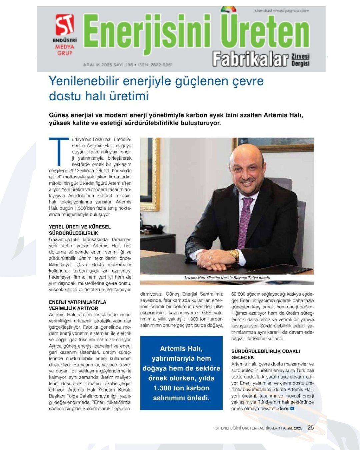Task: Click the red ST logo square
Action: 64,25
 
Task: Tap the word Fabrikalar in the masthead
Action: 250,59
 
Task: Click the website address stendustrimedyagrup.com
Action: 282,11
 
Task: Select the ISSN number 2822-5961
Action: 161,65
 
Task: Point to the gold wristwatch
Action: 234,255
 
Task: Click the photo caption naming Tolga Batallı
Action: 227,277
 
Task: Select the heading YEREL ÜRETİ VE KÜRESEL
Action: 80,227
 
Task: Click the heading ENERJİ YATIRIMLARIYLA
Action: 77,302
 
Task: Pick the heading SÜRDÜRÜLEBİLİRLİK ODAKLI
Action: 266,351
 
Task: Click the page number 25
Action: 310,428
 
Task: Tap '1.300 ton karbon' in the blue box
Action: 181,388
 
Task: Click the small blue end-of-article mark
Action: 292,408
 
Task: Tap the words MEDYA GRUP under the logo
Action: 64,50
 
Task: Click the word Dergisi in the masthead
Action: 301,63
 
